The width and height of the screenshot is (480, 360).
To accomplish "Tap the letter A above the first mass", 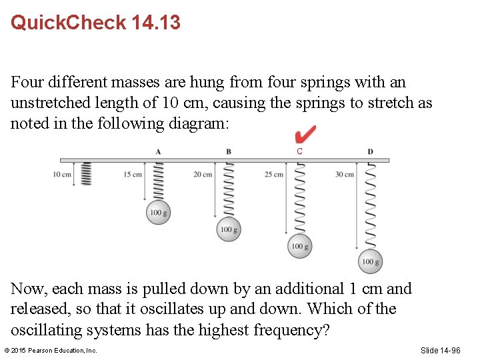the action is pyautogui.click(x=158, y=151).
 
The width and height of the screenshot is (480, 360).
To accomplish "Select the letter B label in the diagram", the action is pyautogui.click(x=229, y=151).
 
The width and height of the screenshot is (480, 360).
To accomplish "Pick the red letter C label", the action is pyautogui.click(x=300, y=152).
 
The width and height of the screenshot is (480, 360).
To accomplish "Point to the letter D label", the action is pyautogui.click(x=370, y=151).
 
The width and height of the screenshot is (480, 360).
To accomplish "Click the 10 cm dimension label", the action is pyautogui.click(x=62, y=175).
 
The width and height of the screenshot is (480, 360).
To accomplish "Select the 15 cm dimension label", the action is pyautogui.click(x=132, y=175).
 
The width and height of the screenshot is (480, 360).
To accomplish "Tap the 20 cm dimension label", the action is pyautogui.click(x=203, y=175).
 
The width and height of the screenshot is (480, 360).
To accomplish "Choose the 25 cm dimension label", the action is pyautogui.click(x=273, y=175).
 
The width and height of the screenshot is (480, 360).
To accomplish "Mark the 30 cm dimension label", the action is pyautogui.click(x=344, y=175).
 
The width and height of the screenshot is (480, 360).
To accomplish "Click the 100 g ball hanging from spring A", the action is pyautogui.click(x=159, y=213).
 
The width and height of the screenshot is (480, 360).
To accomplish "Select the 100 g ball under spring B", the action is pyautogui.click(x=229, y=229).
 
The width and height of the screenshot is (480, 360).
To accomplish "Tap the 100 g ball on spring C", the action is pyautogui.click(x=299, y=247).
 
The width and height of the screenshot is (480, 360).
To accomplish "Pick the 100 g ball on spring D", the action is pyautogui.click(x=370, y=262).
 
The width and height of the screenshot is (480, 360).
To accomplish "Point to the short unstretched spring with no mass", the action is pyautogui.click(x=85, y=174).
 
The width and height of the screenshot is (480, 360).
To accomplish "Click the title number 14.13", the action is pyautogui.click(x=156, y=23).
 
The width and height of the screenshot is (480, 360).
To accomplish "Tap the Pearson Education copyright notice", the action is pyautogui.click(x=51, y=351).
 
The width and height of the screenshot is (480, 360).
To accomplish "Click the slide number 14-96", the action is pyautogui.click(x=440, y=351).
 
